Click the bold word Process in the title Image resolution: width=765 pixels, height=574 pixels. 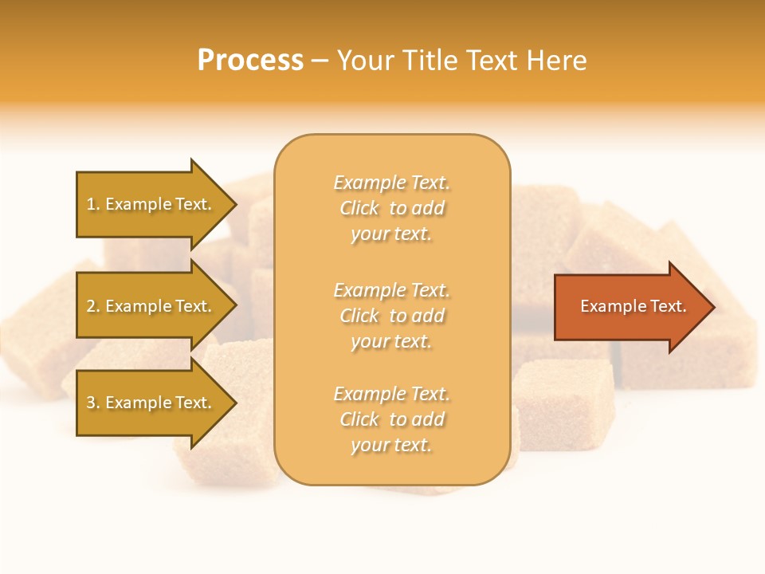click(250, 61)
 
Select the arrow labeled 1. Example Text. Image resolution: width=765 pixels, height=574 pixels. click(151, 204)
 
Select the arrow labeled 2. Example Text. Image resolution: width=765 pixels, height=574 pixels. click(151, 306)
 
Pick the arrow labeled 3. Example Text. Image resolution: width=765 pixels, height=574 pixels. click(151, 403)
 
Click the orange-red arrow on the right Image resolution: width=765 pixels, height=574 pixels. click(630, 306)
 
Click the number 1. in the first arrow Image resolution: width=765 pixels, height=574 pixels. click(93, 204)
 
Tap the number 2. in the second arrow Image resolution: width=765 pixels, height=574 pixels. click(93, 306)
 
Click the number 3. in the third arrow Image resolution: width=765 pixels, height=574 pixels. click(93, 403)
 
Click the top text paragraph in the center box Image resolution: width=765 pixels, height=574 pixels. click(391, 208)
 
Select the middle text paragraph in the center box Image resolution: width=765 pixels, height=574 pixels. click(391, 316)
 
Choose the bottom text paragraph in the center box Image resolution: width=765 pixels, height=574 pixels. click(391, 419)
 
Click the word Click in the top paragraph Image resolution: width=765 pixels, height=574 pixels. click(359, 209)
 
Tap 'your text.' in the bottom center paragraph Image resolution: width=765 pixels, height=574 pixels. click(391, 445)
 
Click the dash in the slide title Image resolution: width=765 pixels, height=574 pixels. click(320, 61)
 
